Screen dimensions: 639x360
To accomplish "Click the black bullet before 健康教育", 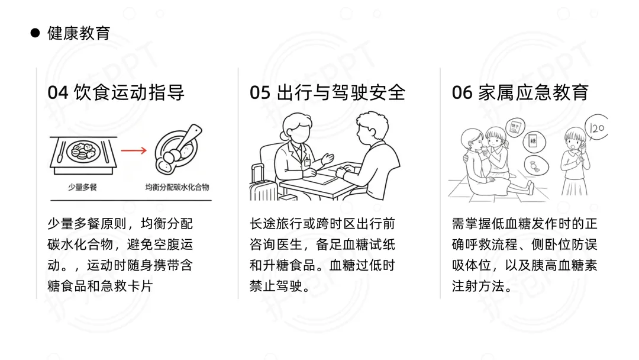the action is click(35, 33).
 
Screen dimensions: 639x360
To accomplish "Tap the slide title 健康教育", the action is click(79, 33).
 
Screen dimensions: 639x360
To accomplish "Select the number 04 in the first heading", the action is click(58, 92).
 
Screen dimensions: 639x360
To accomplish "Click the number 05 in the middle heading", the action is click(260, 92).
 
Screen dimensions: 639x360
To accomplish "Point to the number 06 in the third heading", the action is click(462, 92).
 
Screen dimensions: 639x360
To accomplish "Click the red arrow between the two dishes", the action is click(134, 150).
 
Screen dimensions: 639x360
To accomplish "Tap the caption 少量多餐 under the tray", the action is click(82, 187).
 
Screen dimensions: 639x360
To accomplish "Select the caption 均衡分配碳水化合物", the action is click(177, 187).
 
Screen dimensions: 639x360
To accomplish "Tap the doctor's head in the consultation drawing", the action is click(297, 127).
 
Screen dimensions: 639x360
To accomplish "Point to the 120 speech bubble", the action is click(596, 128).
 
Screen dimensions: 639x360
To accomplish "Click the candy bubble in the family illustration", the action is click(535, 166).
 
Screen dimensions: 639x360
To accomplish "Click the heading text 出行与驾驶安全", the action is click(341, 92).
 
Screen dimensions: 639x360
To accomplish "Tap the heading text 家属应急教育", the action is click(534, 92).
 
